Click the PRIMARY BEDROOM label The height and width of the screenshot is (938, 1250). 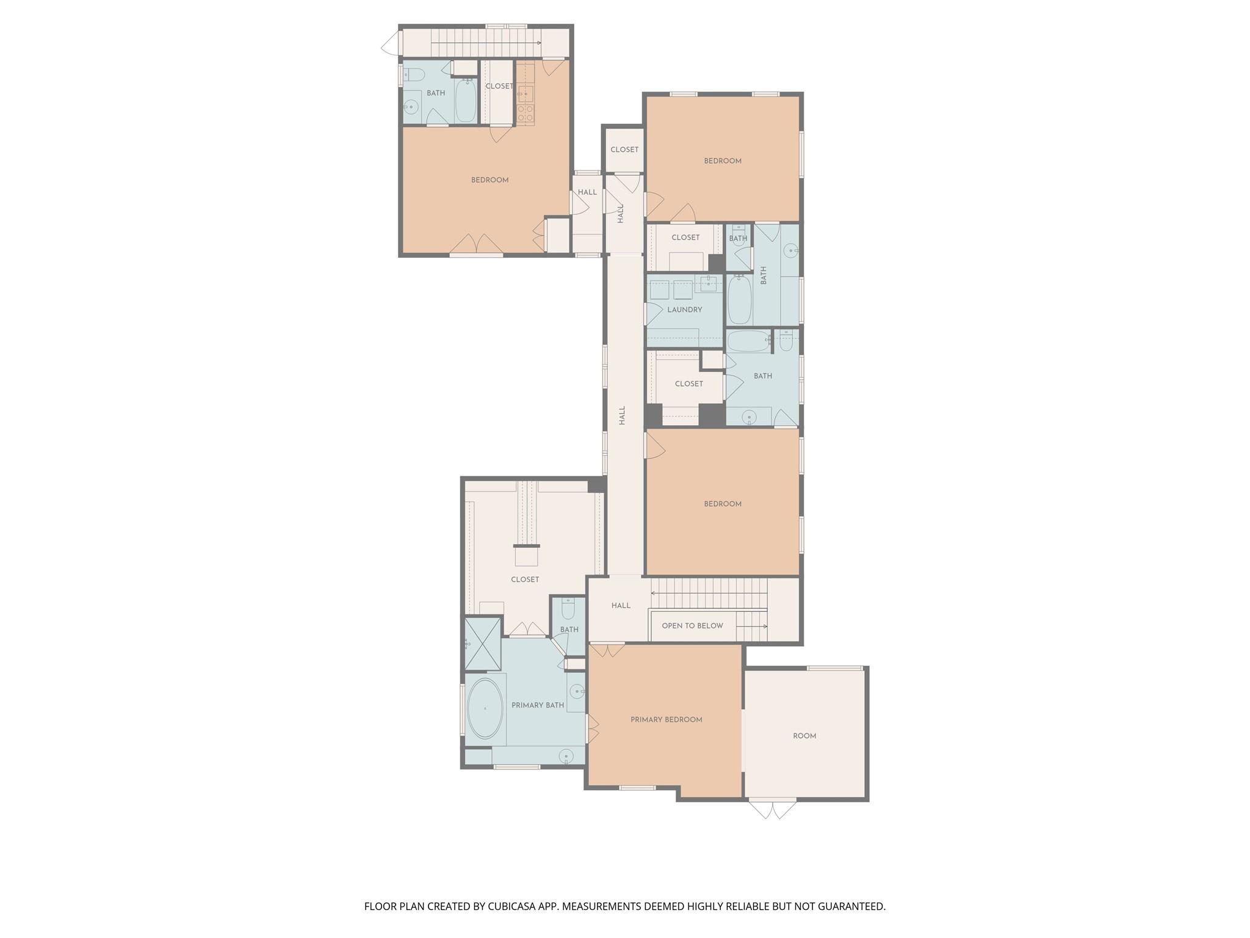click(666, 719)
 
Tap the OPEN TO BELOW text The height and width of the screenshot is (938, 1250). click(692, 625)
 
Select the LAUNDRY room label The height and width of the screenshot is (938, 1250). click(684, 310)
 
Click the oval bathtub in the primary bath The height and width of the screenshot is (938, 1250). click(485, 708)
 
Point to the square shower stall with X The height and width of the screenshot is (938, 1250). click(482, 643)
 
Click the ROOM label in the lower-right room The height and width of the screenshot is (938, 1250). click(804, 736)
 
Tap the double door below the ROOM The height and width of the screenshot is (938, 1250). click(773, 810)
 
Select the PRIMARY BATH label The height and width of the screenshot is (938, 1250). click(537, 705)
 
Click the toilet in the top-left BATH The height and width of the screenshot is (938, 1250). click(415, 75)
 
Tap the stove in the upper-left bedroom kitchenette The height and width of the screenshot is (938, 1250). click(526, 112)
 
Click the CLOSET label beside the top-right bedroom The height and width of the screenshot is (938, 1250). click(624, 150)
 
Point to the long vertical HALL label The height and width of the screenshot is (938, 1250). click(622, 415)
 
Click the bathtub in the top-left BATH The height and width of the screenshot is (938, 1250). click(466, 101)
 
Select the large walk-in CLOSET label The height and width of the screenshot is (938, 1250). click(524, 580)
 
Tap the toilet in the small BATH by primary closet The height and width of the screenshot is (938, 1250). click(568, 608)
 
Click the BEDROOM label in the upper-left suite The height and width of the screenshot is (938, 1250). click(490, 180)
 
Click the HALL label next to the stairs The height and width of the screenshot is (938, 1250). click(620, 606)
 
